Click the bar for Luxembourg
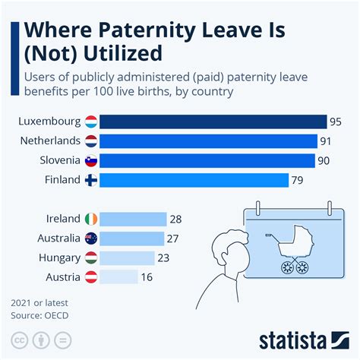click(x=213, y=122)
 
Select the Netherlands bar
click(x=208, y=141)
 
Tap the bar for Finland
click(x=194, y=180)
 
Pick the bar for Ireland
click(x=133, y=219)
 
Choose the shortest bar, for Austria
click(x=118, y=277)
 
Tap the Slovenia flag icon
click(x=90, y=160)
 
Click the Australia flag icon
click(x=90, y=238)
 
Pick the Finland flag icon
click(x=90, y=180)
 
